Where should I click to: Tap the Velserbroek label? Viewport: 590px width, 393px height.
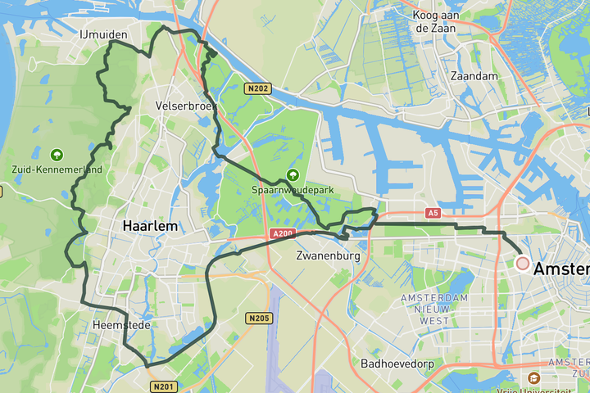[186, 106]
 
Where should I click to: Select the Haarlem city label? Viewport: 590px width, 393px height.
[151, 225]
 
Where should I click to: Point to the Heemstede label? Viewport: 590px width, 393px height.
[116, 325]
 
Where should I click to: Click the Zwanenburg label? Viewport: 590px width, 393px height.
[328, 256]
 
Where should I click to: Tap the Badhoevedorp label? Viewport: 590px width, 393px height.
[397, 363]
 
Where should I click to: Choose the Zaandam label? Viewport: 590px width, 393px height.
[474, 75]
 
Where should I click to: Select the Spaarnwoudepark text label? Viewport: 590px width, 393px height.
[293, 189]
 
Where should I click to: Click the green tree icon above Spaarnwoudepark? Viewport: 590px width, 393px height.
[293, 174]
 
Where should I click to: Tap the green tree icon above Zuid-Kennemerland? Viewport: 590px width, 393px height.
[57, 155]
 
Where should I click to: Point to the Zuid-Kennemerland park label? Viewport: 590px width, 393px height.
[57, 169]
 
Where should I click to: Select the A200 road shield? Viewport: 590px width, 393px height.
[282, 234]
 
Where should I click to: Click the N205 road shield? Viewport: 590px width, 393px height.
[258, 318]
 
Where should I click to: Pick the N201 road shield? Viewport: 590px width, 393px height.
[161, 386]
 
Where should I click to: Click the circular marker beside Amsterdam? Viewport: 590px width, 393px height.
[523, 264]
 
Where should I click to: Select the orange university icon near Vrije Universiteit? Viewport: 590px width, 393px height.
[533, 377]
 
